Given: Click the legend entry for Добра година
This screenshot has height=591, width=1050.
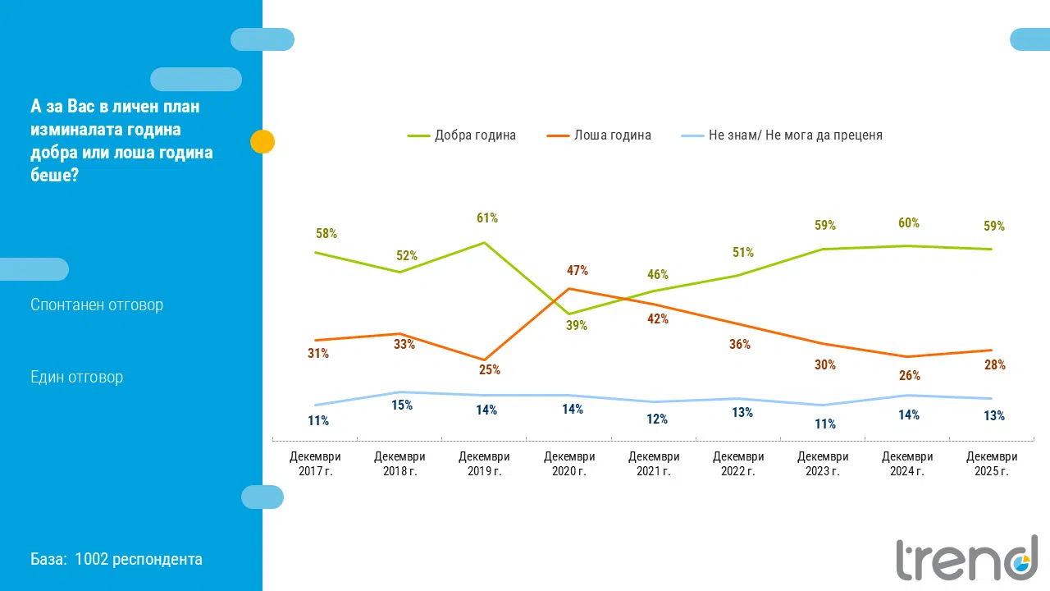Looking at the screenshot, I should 463,135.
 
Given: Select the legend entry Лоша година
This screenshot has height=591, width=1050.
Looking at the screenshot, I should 600,135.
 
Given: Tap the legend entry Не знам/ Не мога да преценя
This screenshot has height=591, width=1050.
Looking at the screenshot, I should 784,135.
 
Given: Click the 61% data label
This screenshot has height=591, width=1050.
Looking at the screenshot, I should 487,218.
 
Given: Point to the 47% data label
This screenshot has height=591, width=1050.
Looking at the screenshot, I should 577,271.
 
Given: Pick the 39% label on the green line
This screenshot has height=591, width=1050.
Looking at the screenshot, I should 577,326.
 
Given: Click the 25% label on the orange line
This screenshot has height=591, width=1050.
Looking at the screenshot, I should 490,370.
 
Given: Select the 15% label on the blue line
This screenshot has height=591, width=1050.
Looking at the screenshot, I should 402,405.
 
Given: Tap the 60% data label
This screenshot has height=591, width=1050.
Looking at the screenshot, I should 909,223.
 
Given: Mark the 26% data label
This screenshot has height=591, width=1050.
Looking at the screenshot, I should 910,376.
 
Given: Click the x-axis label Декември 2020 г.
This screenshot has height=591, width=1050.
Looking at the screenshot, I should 568,464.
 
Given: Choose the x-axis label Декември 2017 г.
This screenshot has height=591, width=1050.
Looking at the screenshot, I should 315,464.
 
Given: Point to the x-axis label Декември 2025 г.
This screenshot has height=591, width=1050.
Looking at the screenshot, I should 992,464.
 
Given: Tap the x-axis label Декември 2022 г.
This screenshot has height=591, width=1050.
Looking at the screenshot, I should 738,464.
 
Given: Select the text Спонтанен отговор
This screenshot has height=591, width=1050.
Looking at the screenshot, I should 97,305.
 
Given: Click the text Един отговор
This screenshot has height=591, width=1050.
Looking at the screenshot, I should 76,378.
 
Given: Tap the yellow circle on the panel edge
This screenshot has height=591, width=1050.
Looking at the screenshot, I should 262,142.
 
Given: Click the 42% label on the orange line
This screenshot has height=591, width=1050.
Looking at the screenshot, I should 658,319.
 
